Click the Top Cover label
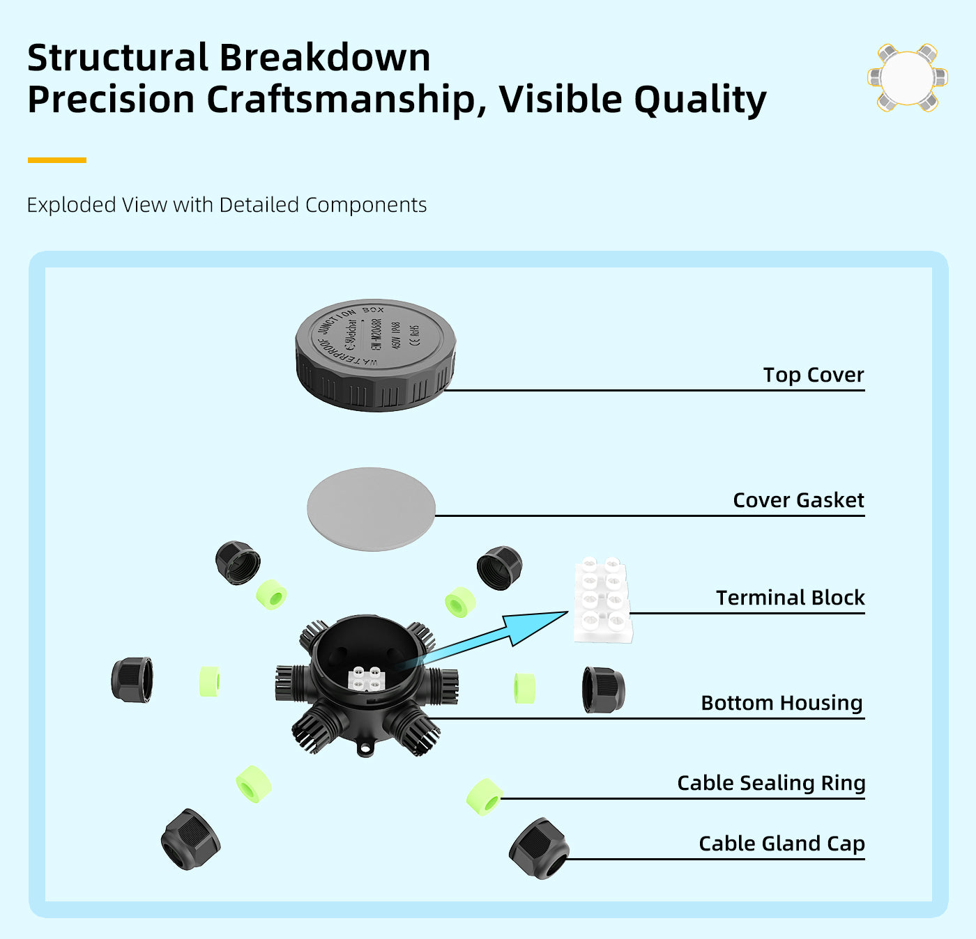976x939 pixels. pos(813,375)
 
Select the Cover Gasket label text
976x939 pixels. pos(798,500)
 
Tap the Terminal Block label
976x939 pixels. pos(790,598)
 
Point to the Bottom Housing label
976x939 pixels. pos(781,703)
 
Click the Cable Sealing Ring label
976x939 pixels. pos(771,783)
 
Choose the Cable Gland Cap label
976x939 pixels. pos(781,844)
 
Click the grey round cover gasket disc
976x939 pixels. pos(371,509)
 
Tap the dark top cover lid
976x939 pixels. pos(375,355)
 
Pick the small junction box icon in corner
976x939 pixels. pos(907,78)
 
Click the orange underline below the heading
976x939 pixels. pos(56,160)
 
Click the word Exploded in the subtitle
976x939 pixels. pos(71,205)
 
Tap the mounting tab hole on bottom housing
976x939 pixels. pos(365,750)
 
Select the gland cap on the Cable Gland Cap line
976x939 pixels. pos(539,848)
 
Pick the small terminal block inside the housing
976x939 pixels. pos(367,678)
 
